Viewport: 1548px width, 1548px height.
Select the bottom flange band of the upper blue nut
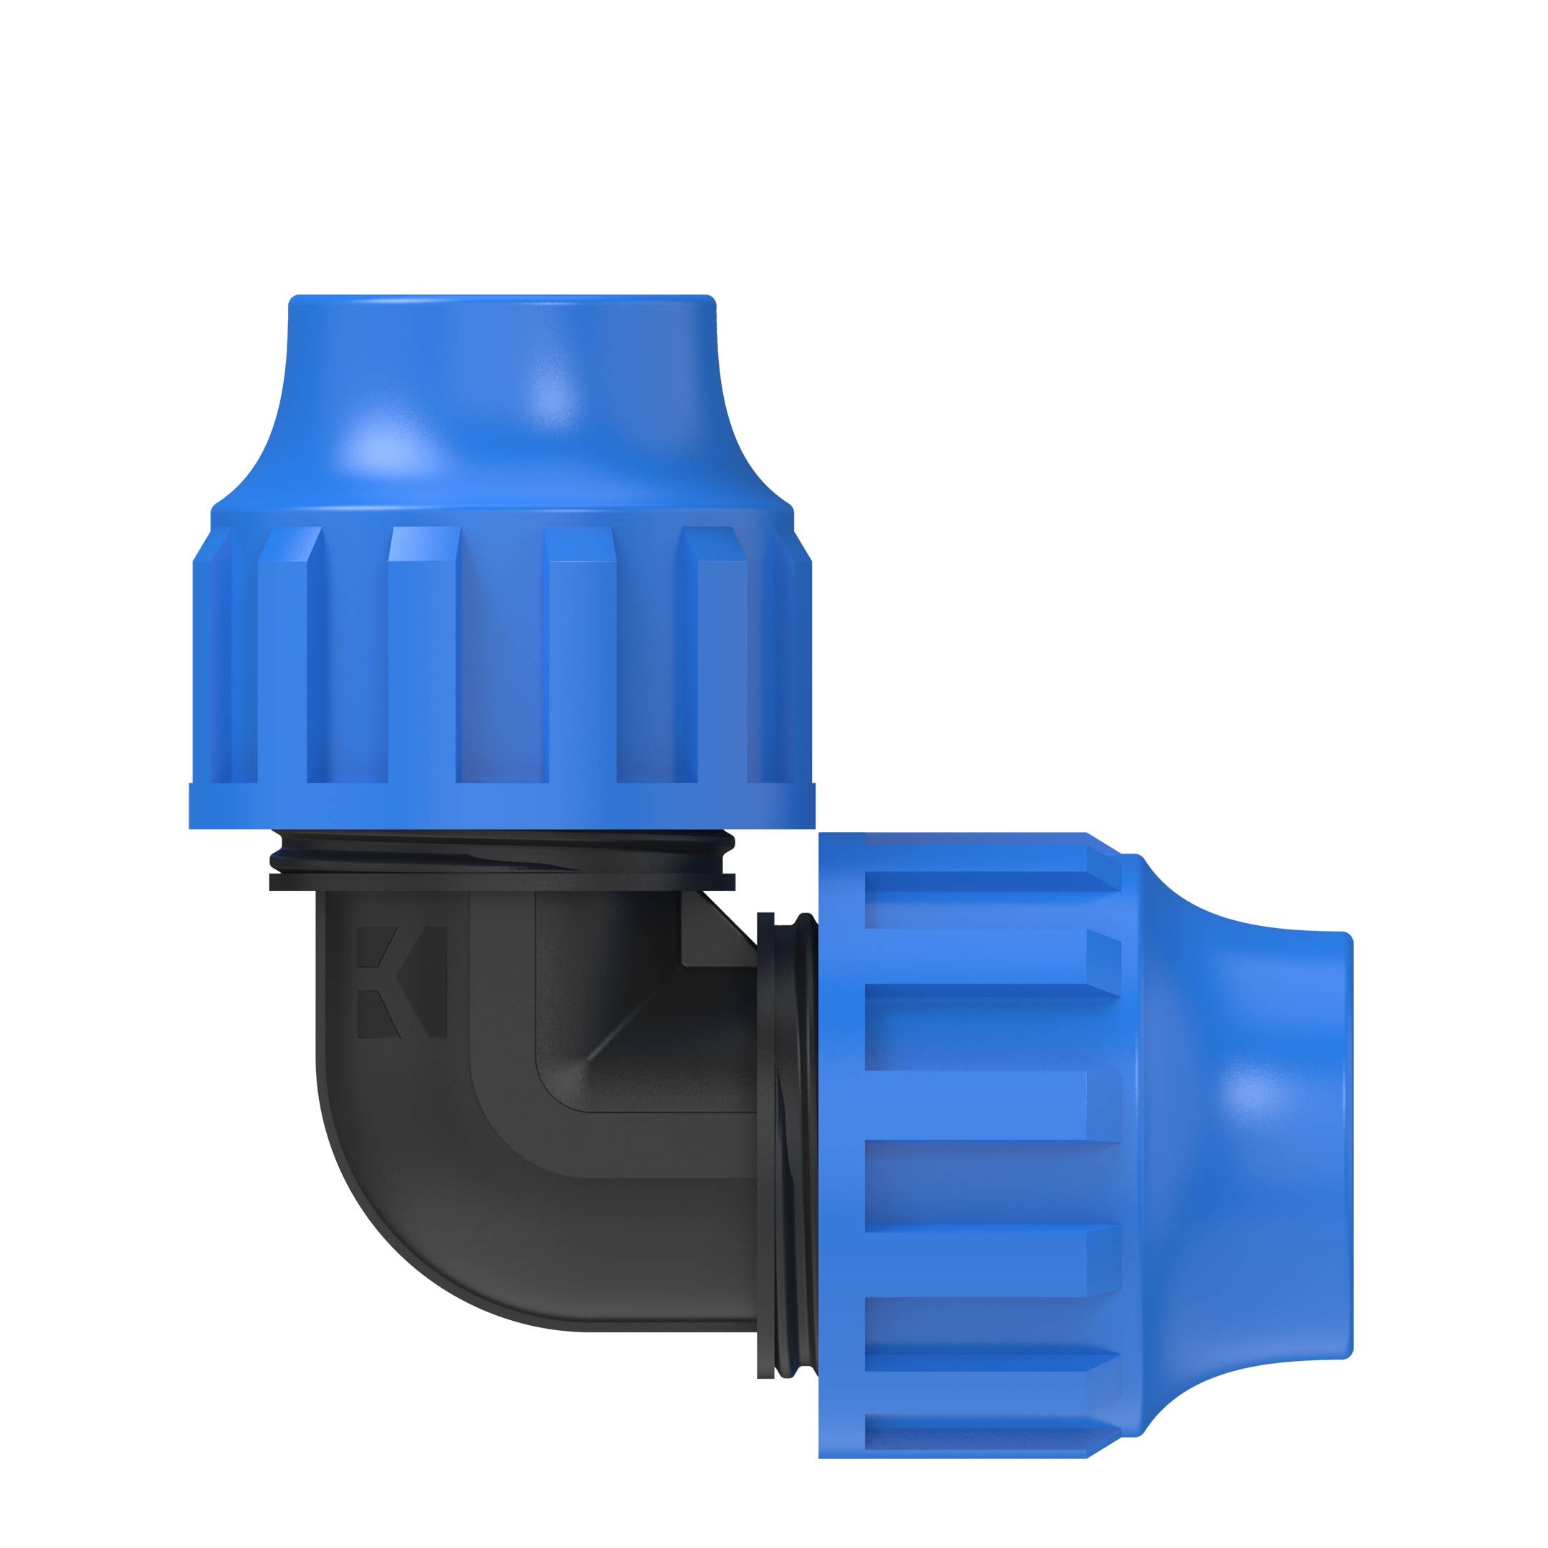(x=502, y=806)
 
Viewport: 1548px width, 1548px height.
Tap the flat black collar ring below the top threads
(x=502, y=882)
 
